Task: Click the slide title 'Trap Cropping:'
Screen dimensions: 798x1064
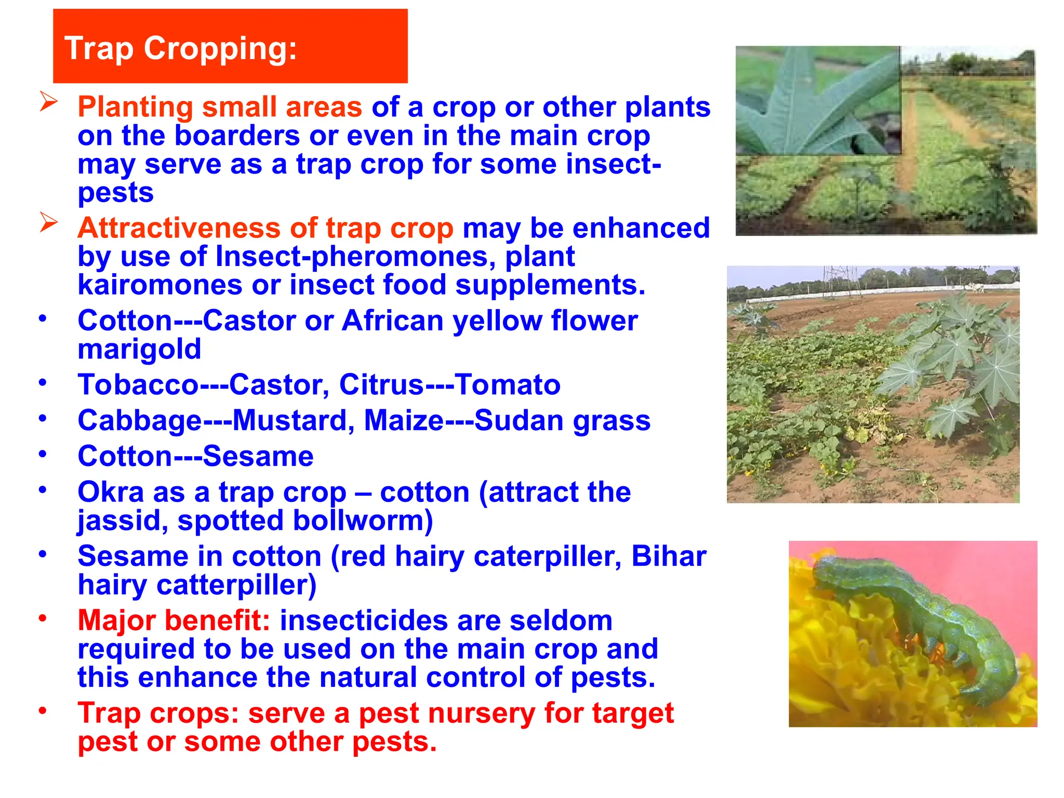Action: [x=180, y=48]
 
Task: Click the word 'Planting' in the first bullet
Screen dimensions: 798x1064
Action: [x=135, y=107]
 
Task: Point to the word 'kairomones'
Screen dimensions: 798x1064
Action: [x=160, y=285]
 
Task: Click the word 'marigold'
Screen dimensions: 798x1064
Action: [x=139, y=349]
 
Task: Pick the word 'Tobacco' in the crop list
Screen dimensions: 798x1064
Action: [x=138, y=385]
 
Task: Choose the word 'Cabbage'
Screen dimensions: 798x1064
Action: [x=139, y=421]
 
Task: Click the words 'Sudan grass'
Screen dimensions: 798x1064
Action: [x=562, y=420]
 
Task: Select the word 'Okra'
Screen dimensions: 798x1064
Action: [x=111, y=492]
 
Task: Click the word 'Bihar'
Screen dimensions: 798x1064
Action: [x=669, y=556]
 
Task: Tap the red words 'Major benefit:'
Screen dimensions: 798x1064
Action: [x=174, y=620]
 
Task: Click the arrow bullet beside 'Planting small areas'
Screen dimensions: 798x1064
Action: [x=48, y=101]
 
